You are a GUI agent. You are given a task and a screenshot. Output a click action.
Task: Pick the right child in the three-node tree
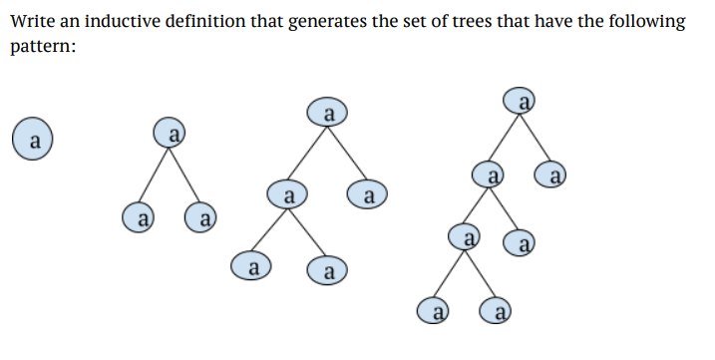coord(203,215)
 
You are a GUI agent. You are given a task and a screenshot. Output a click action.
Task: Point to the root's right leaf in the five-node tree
coord(367,192)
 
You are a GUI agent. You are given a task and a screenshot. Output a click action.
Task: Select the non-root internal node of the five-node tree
coord(287,192)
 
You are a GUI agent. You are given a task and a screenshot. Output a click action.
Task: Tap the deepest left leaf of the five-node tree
coord(252,267)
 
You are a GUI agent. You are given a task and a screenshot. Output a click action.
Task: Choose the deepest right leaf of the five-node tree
coord(328,269)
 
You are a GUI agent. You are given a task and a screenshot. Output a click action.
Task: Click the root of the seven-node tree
coord(520,100)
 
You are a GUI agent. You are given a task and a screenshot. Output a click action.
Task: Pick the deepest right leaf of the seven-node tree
coord(500,312)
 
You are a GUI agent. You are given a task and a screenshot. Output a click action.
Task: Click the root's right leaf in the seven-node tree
coord(553,177)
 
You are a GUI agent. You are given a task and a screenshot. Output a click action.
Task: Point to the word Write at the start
coord(32,21)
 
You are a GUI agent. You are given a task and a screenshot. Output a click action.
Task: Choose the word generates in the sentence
coord(328,21)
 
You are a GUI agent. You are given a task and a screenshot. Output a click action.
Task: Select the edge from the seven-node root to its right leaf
coord(536,138)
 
